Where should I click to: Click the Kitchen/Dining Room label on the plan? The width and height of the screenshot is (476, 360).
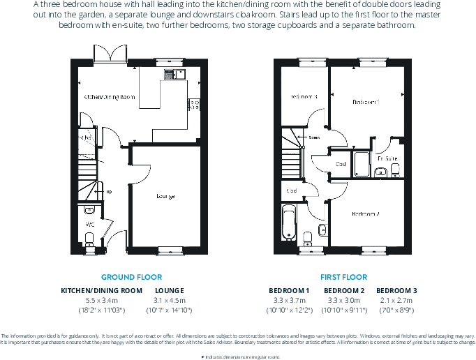tap(109, 97)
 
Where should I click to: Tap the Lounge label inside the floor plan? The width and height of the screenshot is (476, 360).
tap(165, 196)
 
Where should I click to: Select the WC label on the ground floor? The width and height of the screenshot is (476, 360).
tap(89, 224)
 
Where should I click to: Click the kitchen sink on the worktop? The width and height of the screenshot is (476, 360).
tap(172, 73)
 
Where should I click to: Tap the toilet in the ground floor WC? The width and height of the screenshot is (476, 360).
tap(89, 239)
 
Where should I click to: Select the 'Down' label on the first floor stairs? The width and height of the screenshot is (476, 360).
tap(315, 137)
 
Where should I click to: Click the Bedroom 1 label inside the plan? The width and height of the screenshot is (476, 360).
tap(366, 102)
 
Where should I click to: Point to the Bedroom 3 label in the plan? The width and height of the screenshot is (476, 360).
tap(304, 96)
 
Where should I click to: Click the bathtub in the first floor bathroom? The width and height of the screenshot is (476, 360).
tap(289, 223)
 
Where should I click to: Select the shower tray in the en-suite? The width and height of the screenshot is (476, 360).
tap(362, 164)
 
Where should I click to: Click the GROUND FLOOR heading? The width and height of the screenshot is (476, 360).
tap(131, 277)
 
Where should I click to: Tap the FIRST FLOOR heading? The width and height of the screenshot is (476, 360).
tap(343, 277)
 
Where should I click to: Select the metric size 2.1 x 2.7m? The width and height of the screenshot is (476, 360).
tap(396, 300)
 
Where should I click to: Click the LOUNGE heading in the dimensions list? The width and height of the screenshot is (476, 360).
tap(169, 290)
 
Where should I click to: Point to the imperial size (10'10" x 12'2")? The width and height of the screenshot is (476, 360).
tap(288, 309)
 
